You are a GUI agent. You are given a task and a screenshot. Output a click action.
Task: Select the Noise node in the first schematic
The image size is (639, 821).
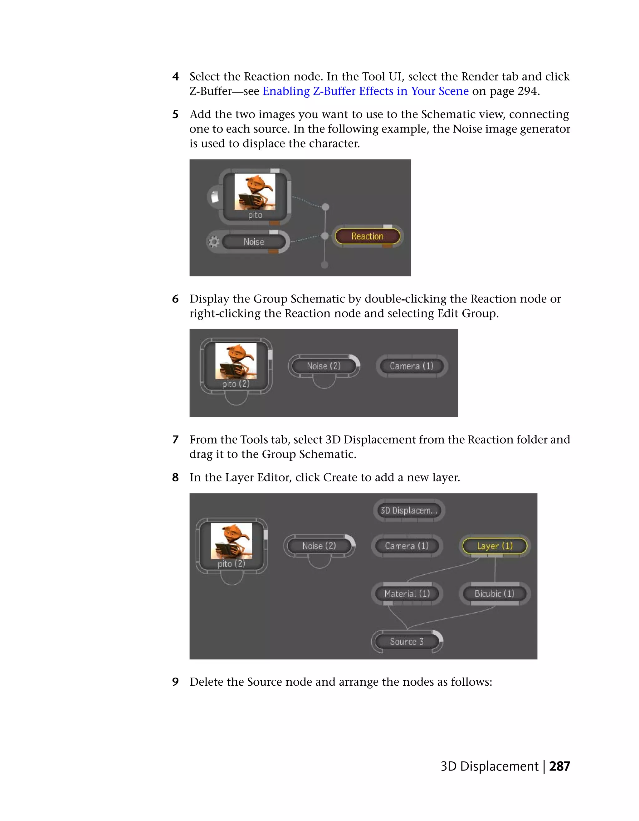(254, 242)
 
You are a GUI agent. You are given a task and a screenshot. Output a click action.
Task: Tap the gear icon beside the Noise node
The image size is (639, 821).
(214, 242)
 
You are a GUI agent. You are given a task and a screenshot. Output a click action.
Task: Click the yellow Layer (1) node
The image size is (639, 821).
(495, 546)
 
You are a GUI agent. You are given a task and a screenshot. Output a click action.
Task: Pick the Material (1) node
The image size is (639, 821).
(407, 594)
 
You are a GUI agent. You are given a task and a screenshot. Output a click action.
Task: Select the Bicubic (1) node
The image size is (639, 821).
(494, 594)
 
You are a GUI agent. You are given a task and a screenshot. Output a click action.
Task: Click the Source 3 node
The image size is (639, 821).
(407, 641)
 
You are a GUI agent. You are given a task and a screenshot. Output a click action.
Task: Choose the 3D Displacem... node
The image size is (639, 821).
(409, 510)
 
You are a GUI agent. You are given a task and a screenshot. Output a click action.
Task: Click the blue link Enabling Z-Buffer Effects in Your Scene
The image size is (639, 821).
(365, 91)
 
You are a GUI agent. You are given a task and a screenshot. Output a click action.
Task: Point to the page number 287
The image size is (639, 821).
(559, 766)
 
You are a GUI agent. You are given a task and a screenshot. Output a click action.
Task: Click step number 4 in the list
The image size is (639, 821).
(175, 77)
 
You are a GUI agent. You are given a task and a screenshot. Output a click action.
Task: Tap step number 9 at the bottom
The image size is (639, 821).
(175, 682)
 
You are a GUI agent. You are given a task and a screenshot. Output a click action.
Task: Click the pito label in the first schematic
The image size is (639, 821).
(255, 215)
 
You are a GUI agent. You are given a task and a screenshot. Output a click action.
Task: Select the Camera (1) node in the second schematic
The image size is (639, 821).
(412, 366)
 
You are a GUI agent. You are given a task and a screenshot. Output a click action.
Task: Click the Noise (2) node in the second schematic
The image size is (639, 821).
(324, 366)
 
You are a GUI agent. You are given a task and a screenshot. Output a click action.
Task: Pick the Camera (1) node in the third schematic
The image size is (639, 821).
(407, 546)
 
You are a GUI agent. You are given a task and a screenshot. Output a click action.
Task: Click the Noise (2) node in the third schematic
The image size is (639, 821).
(319, 546)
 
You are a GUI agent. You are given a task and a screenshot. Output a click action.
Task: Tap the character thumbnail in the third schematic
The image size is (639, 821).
(231, 541)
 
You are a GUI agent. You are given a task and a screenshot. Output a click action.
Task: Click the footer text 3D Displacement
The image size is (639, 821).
(489, 766)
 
